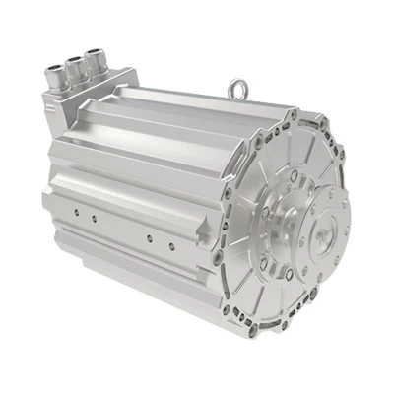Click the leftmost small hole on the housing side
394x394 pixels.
click(73, 209)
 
